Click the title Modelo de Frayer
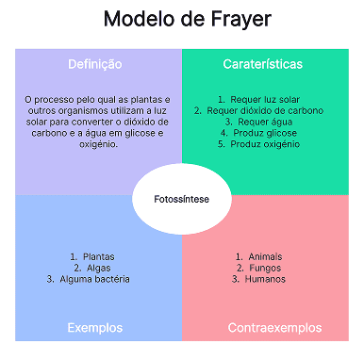pos(182,20)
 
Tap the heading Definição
pos(95,64)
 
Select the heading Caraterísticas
pos(263,64)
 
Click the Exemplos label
pos(95,328)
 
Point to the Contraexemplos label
pos(274,328)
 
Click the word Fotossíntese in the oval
pos(182,199)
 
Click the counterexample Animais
pos(263,256)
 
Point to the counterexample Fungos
pos(263,268)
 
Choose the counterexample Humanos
pos(263,279)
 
